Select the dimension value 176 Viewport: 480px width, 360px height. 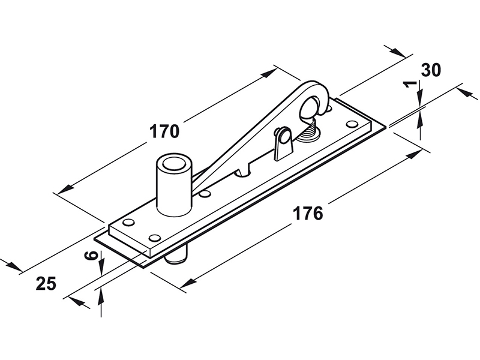click(308, 213)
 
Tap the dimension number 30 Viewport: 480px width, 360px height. click(431, 70)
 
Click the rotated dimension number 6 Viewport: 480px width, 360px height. click(91, 256)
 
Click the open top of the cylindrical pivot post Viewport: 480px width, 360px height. click(174, 163)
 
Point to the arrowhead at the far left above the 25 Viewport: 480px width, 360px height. click(7, 263)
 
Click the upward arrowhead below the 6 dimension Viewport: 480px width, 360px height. click(101, 294)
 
